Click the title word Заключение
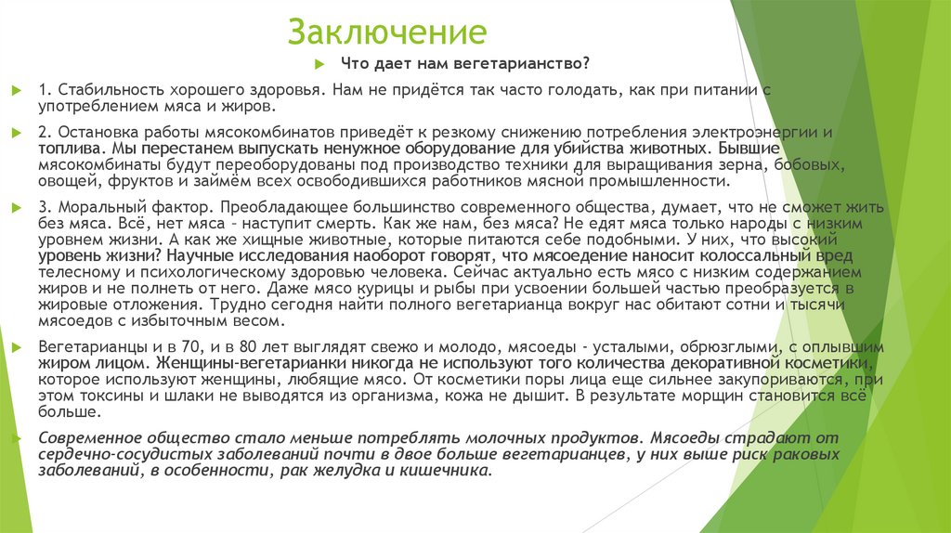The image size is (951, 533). [387, 32]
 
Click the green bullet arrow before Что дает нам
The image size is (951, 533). [319, 63]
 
